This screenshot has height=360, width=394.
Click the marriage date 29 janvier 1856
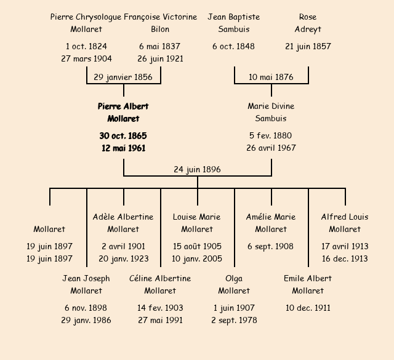[x=123, y=78]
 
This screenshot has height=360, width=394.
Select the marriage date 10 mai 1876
[x=271, y=78]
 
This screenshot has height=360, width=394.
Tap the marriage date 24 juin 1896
[x=197, y=170]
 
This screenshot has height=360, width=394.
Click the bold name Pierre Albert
[x=123, y=106]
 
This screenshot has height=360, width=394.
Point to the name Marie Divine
[x=271, y=106]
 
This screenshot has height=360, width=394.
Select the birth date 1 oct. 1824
[x=86, y=47]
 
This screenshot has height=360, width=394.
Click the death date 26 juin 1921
[x=160, y=59]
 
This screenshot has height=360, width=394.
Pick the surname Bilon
[x=160, y=30]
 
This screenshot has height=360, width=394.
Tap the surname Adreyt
[x=308, y=30]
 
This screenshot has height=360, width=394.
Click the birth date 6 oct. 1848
[x=234, y=47]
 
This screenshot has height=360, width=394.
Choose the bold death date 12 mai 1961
[x=123, y=148]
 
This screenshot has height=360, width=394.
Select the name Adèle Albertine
[x=123, y=217]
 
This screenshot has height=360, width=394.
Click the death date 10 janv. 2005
[x=197, y=259]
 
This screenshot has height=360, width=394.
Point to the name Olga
[x=234, y=279]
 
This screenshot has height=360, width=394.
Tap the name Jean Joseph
[x=86, y=279]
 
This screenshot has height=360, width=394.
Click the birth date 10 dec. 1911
[x=308, y=308]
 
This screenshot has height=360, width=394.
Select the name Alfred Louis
[x=345, y=217]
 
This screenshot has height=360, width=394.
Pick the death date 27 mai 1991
[x=160, y=321]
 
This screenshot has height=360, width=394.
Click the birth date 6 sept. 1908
[x=271, y=247]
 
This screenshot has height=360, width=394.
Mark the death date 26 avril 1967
[x=271, y=148]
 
